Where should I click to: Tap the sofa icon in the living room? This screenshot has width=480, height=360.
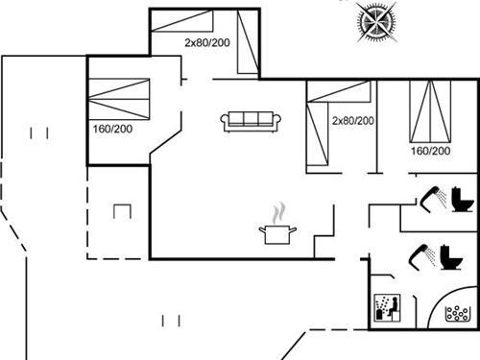[252, 121]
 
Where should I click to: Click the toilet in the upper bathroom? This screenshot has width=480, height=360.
[464, 200]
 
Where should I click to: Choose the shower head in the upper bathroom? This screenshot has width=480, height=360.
[428, 199]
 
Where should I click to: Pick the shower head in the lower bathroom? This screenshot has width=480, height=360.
[421, 253]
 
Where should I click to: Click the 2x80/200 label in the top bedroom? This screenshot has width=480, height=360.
[208, 42]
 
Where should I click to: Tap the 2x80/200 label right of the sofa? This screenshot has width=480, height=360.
[352, 120]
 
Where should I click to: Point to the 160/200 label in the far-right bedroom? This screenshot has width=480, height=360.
[430, 151]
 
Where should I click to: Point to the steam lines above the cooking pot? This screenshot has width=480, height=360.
[277, 211]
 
